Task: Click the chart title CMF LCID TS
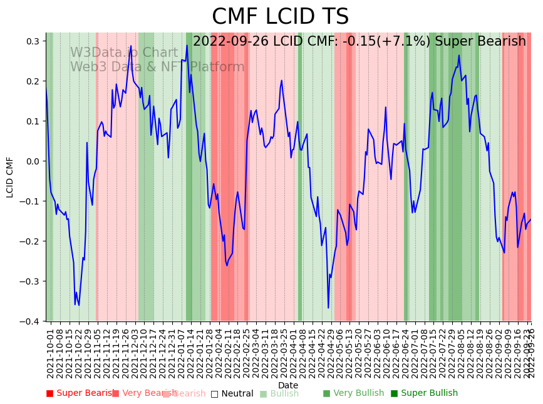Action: tap(280, 17)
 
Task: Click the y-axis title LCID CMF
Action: tap(10, 177)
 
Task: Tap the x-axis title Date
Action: tap(288, 385)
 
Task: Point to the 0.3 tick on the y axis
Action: tap(33, 41)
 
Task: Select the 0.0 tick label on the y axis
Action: tap(33, 161)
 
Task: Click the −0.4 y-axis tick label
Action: tap(30, 321)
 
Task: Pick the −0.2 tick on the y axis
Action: tap(30, 241)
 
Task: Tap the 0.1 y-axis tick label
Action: tap(33, 121)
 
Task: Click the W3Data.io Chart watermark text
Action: tap(123, 53)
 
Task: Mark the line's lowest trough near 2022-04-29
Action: tap(328, 308)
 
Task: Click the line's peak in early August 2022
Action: tap(459, 55)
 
